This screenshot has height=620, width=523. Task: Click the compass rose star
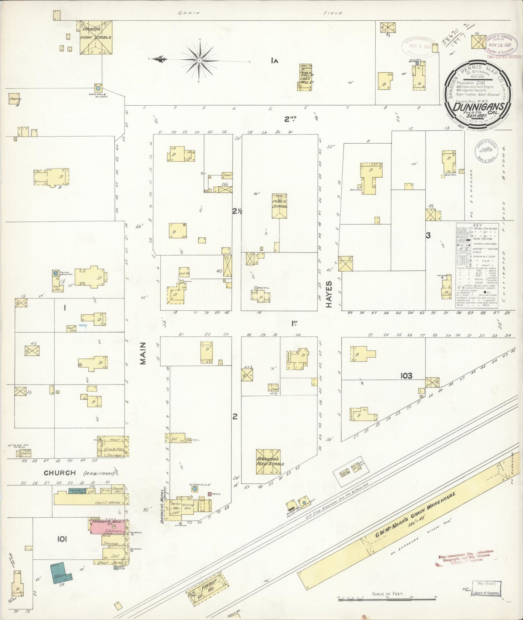(x=199, y=59)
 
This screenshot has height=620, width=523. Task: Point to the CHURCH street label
(x=60, y=473)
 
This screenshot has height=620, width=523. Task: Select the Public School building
(x=279, y=206)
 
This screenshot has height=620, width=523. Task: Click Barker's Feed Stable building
(x=269, y=462)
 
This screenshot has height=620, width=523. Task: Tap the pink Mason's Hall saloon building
(x=108, y=527)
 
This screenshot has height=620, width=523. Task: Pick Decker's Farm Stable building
(x=96, y=37)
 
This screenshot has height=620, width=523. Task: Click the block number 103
(x=406, y=376)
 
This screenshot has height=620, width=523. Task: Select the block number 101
(x=62, y=539)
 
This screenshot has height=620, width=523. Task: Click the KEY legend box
(x=477, y=265)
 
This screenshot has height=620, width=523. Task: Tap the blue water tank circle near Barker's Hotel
(x=195, y=489)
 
